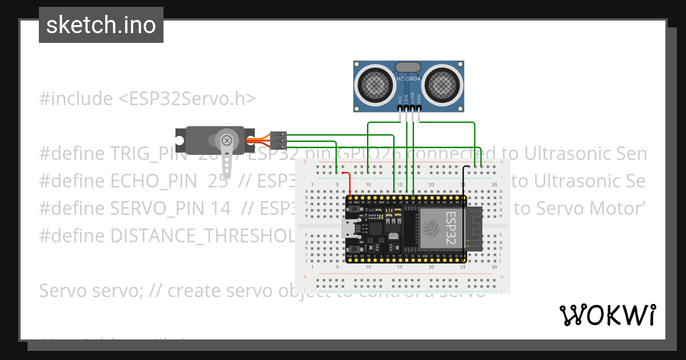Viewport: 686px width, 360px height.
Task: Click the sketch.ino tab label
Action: [x=101, y=25]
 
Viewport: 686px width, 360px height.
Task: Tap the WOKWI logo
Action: [x=607, y=315]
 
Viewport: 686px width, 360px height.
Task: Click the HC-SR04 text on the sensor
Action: [x=409, y=78]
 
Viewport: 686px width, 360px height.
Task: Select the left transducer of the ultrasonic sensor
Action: [x=374, y=86]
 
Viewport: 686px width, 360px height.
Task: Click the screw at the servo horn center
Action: [x=228, y=139]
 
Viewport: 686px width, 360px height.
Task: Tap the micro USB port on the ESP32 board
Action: [x=348, y=229]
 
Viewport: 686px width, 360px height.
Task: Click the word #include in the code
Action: [x=76, y=99]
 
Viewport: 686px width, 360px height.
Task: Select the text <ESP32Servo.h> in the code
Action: [x=187, y=99]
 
